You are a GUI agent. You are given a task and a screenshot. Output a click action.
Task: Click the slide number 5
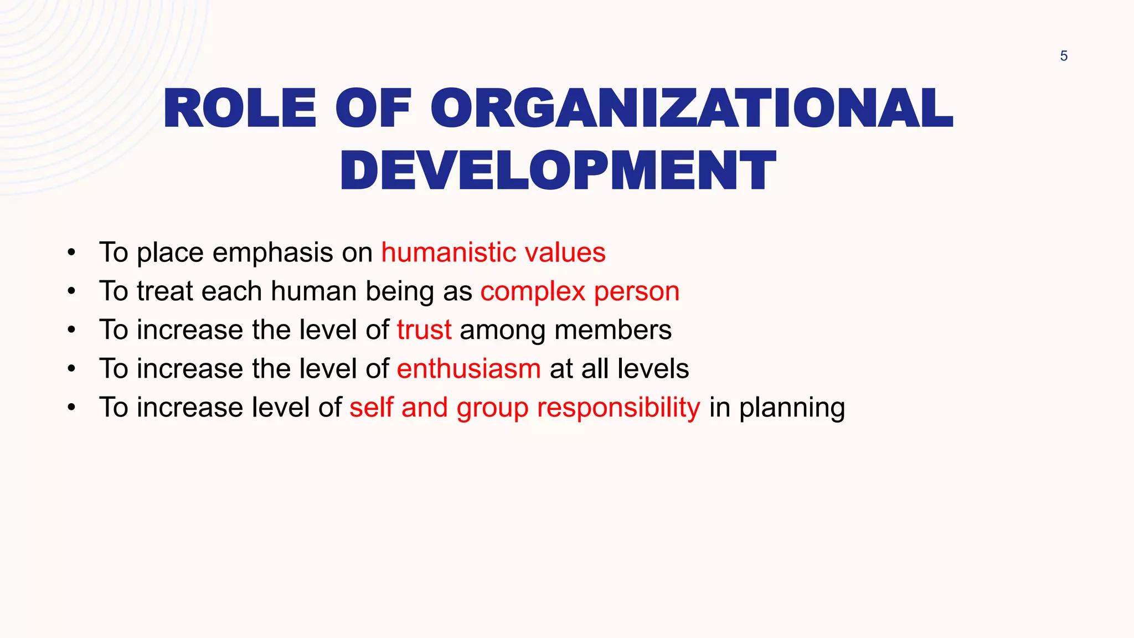click(1063, 56)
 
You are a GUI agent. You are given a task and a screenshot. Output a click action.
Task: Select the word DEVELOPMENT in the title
click(558, 171)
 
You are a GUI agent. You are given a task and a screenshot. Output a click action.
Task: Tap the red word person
click(637, 292)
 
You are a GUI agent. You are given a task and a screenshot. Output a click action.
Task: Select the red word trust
click(424, 330)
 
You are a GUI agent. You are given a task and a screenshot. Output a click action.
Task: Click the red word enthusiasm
click(468, 369)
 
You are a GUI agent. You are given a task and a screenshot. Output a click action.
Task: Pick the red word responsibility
click(618, 408)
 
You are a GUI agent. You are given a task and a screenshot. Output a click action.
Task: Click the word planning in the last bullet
click(792, 408)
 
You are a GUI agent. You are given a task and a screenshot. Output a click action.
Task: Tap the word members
click(612, 330)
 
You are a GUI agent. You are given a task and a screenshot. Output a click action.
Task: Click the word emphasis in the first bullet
click(273, 253)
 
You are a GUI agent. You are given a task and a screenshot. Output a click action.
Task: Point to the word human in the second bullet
click(313, 291)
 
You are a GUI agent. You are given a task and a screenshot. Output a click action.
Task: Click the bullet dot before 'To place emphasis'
click(71, 254)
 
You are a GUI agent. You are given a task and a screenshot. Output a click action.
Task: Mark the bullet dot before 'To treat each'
click(71, 292)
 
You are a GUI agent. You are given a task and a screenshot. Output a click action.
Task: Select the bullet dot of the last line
click(71, 408)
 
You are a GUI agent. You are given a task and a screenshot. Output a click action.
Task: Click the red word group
click(492, 409)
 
